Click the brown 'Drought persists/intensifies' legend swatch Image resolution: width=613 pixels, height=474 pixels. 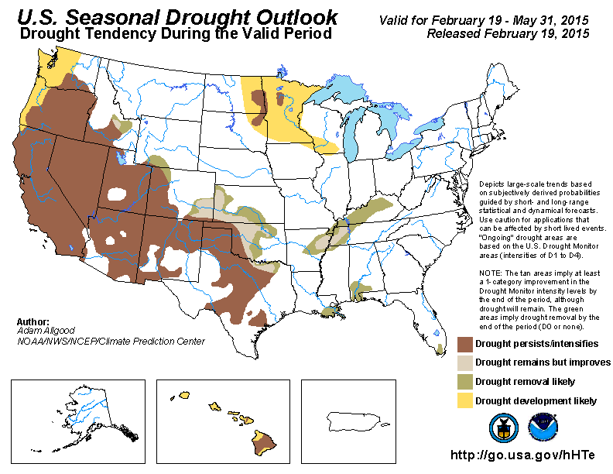click(464, 344)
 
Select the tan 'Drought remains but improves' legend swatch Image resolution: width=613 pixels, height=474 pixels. click(464, 362)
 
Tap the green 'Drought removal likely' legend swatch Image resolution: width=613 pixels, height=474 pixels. click(464, 382)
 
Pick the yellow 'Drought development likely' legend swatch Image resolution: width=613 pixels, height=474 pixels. click(464, 400)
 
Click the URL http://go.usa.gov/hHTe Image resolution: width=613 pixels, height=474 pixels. click(524, 455)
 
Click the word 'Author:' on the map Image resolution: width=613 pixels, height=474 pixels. click(33, 321)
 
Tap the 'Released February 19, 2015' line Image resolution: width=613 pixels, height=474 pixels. click(508, 34)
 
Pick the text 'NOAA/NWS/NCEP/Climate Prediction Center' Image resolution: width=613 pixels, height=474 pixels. click(110, 341)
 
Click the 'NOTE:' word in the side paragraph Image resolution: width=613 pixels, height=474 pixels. click(491, 273)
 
